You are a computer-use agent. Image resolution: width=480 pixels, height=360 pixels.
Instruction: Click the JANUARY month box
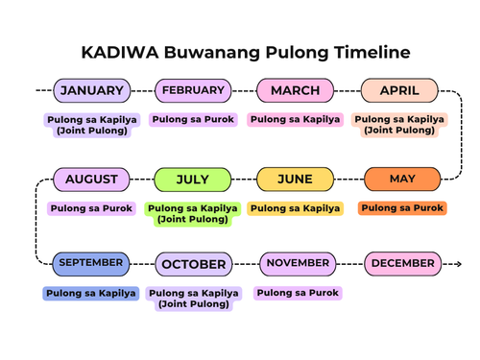click(91, 91)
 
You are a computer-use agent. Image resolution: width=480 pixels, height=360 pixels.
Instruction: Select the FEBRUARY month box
click(193, 91)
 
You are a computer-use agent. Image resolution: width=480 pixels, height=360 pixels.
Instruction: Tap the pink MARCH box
click(295, 91)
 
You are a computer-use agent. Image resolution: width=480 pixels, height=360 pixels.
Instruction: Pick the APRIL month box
click(398, 91)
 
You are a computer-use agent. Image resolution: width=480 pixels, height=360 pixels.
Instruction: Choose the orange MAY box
click(402, 180)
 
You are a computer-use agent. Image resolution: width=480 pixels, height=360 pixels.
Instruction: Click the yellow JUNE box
click(295, 180)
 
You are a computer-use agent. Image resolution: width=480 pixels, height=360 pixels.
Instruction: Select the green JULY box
click(193, 180)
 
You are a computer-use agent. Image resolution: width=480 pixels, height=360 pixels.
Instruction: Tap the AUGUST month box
click(91, 180)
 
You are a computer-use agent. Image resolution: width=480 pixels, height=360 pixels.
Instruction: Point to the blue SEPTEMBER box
click(90, 262)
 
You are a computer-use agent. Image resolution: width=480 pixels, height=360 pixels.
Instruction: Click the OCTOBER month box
click(193, 264)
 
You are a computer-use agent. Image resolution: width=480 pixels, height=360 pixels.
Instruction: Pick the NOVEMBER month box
click(298, 263)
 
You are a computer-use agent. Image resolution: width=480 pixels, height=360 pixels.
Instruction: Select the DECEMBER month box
click(402, 263)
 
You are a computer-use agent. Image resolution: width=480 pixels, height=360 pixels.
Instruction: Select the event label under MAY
click(402, 207)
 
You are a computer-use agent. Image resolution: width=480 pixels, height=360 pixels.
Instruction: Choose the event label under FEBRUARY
click(193, 119)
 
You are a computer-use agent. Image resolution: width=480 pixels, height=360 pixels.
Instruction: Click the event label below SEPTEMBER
click(91, 293)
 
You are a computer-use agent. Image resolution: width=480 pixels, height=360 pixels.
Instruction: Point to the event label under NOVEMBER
click(298, 293)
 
